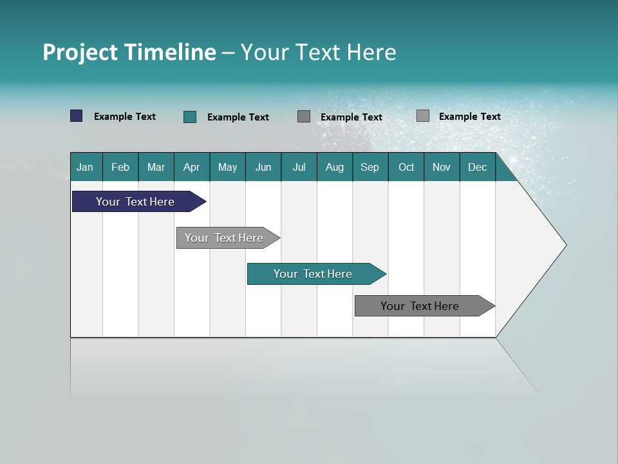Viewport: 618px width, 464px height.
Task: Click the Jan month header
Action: [85, 168]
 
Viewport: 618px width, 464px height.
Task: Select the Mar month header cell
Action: [156, 168]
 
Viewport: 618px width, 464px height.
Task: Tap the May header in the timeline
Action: [227, 168]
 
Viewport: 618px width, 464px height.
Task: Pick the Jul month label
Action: [299, 168]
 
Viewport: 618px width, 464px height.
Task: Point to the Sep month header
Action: [370, 168]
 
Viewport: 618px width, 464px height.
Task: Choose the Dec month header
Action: [477, 168]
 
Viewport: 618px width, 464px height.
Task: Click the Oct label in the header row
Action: [406, 168]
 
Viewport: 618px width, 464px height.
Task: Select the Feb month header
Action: [120, 168]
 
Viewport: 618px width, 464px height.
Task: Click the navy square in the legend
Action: [77, 116]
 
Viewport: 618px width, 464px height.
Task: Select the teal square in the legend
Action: [190, 117]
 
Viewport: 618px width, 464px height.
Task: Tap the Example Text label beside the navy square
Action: [125, 117]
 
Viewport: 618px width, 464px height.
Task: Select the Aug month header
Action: [334, 168]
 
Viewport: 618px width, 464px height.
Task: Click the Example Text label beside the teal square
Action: [238, 117]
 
